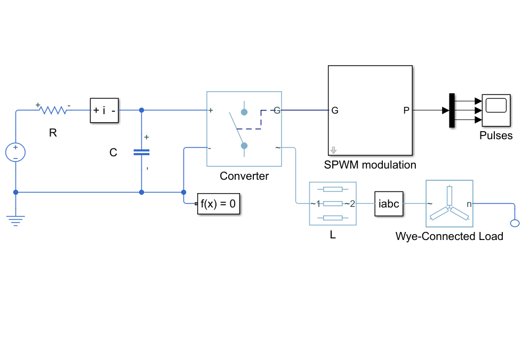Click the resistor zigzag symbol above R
[53, 110]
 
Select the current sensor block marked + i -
[105, 110]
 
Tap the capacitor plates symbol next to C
[142, 153]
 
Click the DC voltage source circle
[15, 152]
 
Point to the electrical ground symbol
[15, 220]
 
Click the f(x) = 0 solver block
[219, 204]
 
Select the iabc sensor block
[389, 204]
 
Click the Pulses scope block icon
[496, 110]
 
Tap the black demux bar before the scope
[452, 110]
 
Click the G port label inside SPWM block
[335, 110]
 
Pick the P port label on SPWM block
[406, 110]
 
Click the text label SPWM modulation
[370, 165]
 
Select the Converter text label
[244, 176]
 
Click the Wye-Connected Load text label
[449, 236]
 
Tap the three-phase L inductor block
[333, 204]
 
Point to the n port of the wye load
[469, 204]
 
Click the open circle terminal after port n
[515, 223]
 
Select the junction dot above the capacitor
[142, 110]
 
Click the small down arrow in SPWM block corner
[333, 150]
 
